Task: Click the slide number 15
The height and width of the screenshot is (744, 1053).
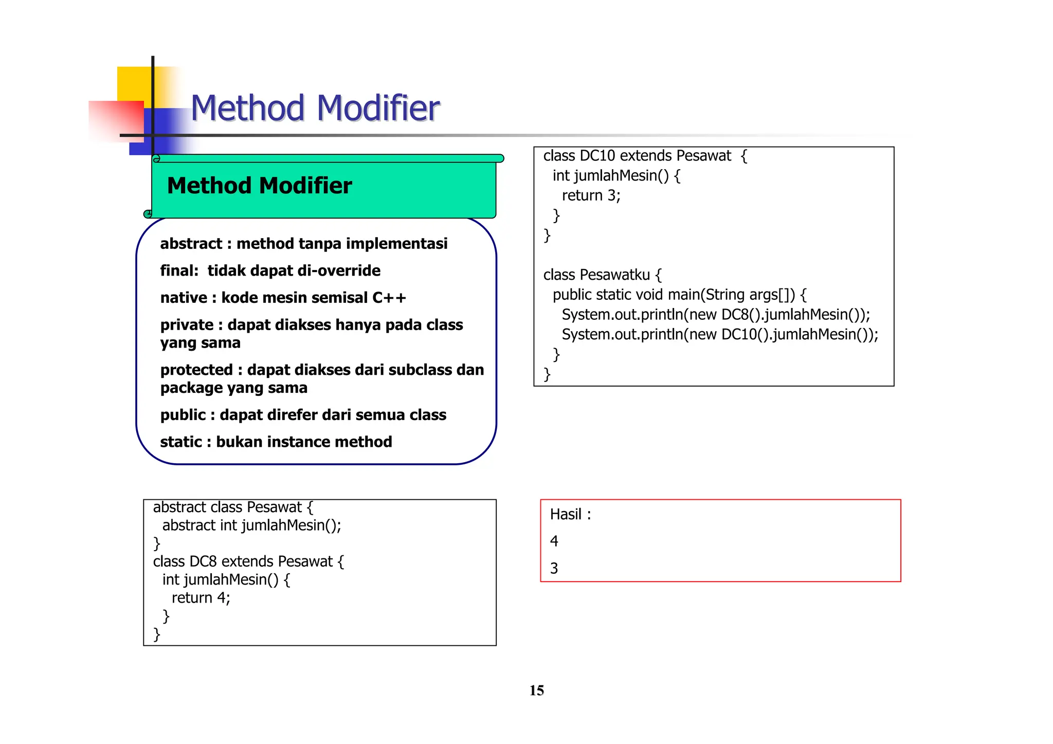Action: coord(536,690)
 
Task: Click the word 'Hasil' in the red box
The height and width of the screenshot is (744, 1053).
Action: coord(566,514)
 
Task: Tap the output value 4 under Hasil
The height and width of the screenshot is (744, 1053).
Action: coord(554,541)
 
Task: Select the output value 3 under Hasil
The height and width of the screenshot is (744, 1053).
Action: coord(554,568)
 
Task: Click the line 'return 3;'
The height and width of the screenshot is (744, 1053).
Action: coord(591,195)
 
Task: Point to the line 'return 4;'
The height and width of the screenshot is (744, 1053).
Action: coord(201,597)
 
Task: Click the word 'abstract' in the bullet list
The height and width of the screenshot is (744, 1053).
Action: coord(191,244)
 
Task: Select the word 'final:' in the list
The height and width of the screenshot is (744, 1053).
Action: coord(179,270)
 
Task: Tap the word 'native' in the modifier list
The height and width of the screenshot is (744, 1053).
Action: coord(184,298)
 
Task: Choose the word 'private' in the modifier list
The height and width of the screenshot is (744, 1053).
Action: coord(187,325)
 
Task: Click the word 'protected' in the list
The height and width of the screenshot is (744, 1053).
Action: coord(196,370)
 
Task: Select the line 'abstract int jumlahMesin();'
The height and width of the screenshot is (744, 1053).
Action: coord(251,525)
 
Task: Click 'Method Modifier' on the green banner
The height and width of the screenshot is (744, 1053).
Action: coord(259,186)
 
